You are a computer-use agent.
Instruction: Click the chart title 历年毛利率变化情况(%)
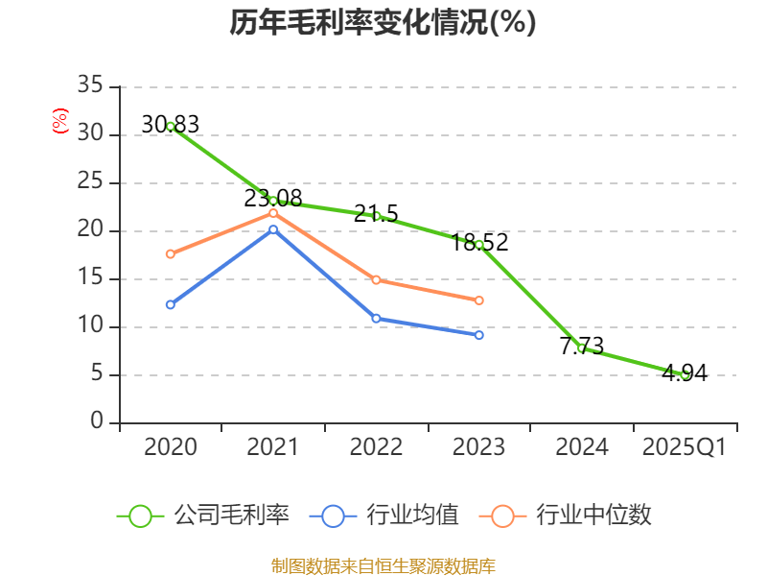tap(383, 22)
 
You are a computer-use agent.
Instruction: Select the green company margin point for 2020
tap(171, 126)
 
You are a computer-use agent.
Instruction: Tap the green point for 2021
tap(273, 201)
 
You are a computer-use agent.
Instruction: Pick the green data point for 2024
tap(582, 348)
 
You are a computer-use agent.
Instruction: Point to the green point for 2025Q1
tap(685, 374)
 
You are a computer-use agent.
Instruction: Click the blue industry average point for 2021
tap(273, 228)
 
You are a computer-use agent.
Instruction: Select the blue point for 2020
tap(171, 304)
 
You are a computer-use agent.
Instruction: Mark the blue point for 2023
tap(479, 335)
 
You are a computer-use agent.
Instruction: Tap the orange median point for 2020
tap(171, 254)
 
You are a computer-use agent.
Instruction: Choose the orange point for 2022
tap(376, 280)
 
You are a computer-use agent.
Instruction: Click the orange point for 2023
tap(479, 300)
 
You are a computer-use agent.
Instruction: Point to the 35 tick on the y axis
tap(91, 86)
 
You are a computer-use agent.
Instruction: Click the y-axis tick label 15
tap(91, 278)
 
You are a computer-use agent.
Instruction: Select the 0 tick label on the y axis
tap(97, 422)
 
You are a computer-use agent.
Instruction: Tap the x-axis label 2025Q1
tap(685, 447)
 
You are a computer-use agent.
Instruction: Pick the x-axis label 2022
tap(376, 447)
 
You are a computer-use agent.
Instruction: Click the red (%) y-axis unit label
tap(59, 121)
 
